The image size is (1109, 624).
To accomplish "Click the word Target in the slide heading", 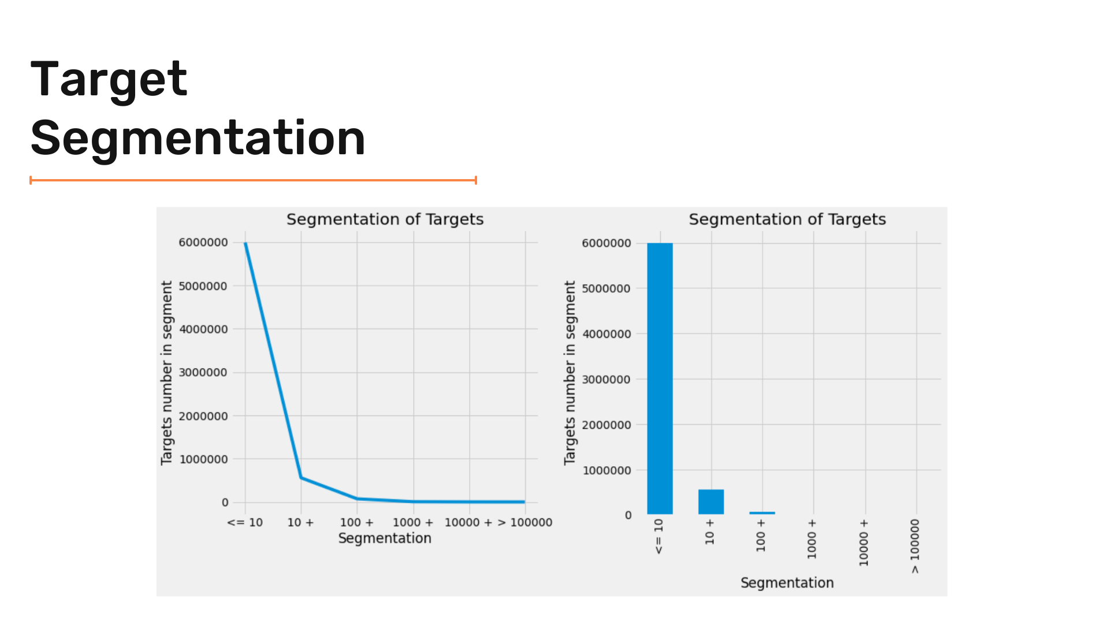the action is coord(109,80).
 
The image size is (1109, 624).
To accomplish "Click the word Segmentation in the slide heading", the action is coord(198,138).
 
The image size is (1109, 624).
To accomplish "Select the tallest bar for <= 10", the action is coord(660,378).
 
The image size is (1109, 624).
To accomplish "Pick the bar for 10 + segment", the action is coord(711,502).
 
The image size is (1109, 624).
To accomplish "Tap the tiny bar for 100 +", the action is coord(762,512).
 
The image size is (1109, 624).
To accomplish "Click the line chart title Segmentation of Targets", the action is coord(385,220).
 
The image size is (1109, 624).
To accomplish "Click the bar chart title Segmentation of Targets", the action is coord(787,220).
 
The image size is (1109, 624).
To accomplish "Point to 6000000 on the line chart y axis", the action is coord(203,243).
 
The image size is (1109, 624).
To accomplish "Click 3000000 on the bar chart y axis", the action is coord(606,380).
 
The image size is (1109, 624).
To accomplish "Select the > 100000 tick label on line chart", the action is coord(525,522).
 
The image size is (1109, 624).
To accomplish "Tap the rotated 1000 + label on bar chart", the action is coord(812,538).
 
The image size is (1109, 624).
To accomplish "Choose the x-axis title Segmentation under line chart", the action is coord(385,538).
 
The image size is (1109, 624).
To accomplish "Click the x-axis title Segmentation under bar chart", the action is coord(787,583).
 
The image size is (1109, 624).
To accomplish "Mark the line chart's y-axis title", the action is coord(167,373).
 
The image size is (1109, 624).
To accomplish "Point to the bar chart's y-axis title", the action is coord(570,373).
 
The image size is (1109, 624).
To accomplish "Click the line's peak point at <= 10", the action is coord(245,243).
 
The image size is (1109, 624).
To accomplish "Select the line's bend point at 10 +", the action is coord(301,477).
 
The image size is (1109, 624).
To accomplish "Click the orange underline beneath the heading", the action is coord(253,180).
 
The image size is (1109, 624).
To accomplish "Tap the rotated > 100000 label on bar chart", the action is coord(915,546).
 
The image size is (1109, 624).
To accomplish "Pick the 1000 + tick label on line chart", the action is coord(413,522).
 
